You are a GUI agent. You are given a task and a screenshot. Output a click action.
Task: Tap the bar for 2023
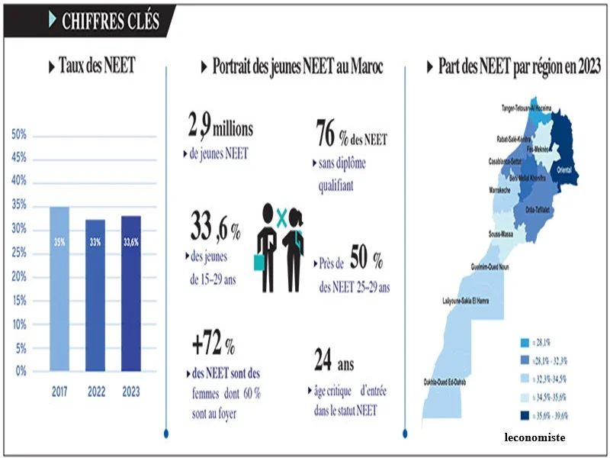(x=131, y=293)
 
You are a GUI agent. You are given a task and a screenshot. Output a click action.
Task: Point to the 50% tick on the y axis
(x=19, y=134)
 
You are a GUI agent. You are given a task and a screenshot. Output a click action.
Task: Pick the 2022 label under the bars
(x=95, y=392)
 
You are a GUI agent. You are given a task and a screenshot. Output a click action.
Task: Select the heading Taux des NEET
(x=96, y=66)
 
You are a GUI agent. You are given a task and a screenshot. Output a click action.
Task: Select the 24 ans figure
(x=333, y=360)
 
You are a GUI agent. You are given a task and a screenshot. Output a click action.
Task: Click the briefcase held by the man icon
(x=258, y=263)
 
